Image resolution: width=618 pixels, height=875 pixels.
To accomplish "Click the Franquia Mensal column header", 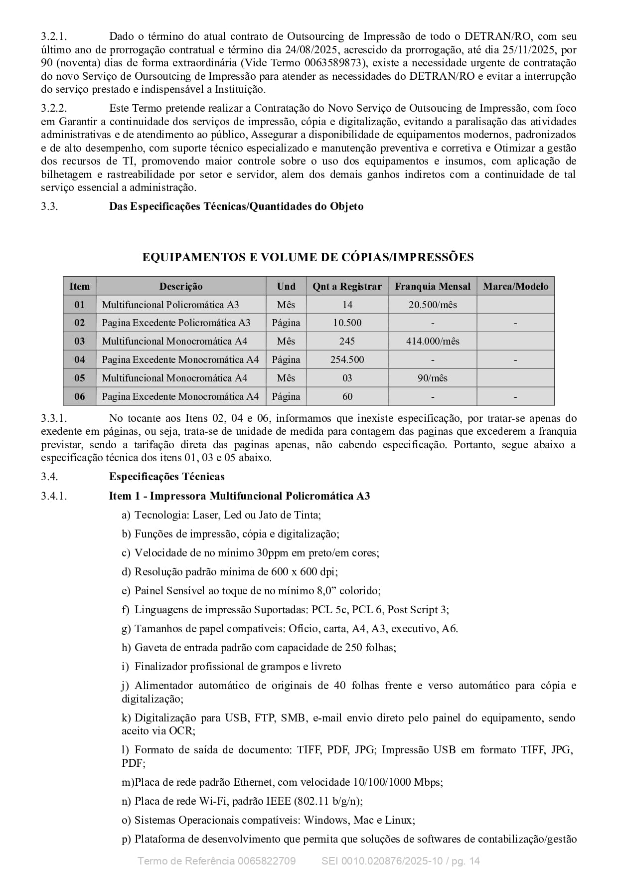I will [x=432, y=286].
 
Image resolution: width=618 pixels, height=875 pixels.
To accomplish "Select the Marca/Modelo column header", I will [x=515, y=286].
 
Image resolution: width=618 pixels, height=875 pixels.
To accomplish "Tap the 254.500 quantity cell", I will [x=347, y=359].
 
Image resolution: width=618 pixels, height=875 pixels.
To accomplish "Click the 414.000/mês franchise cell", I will [x=432, y=341].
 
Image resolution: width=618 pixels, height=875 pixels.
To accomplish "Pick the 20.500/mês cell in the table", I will [x=432, y=305].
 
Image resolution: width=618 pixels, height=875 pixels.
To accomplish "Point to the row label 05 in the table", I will [x=80, y=378].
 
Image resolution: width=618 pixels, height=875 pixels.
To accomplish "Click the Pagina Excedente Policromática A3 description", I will [x=176, y=323].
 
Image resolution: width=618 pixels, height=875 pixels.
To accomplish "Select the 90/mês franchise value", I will [x=432, y=378].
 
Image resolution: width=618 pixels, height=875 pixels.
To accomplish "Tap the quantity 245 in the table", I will [x=347, y=341].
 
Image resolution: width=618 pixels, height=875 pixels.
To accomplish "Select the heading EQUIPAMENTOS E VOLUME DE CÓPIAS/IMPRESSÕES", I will [x=308, y=257].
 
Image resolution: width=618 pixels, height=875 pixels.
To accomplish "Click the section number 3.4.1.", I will [x=54, y=496].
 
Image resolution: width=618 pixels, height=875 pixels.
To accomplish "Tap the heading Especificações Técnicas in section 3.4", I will [x=166, y=477].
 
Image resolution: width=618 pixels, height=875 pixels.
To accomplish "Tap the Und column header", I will [x=286, y=286].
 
